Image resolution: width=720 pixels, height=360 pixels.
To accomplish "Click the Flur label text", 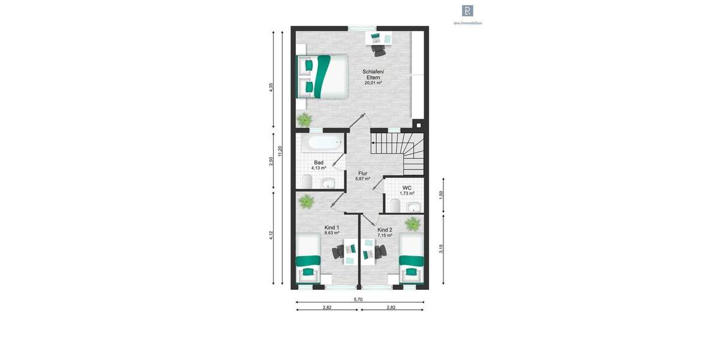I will (x=362, y=173).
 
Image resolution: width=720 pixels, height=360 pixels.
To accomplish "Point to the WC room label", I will (x=407, y=188).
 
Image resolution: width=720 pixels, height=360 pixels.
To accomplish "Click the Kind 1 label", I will (x=331, y=227).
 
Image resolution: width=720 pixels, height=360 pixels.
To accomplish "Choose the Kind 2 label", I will (x=385, y=230).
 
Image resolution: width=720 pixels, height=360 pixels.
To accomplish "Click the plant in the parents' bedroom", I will (x=304, y=119).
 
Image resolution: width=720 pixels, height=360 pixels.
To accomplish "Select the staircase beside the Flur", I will (x=397, y=151).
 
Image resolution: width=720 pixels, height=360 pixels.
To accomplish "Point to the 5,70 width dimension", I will (x=358, y=299).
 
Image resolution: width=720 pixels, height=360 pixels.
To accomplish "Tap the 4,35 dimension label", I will (x=271, y=87).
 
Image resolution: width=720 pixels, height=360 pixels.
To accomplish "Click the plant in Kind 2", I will (x=413, y=224).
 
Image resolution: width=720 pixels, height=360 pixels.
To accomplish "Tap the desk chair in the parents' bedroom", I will (x=379, y=50).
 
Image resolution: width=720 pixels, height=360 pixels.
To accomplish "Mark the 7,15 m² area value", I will (x=385, y=236).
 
